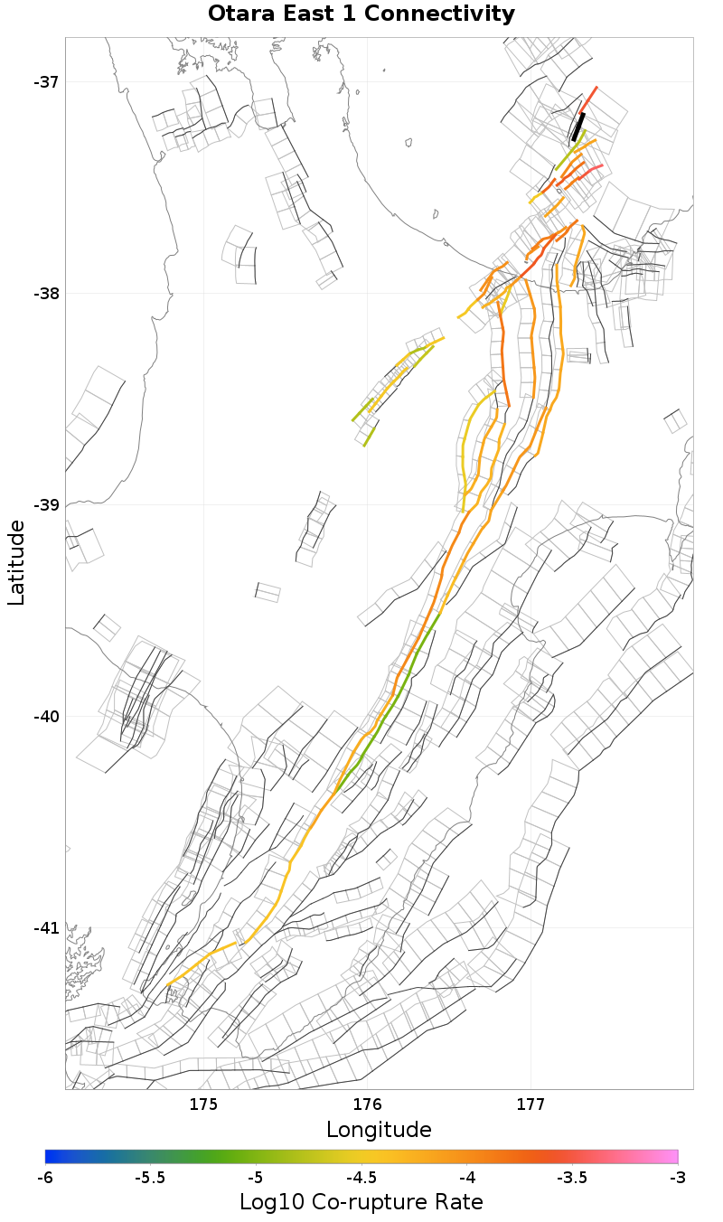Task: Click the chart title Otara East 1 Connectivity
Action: [x=361, y=14]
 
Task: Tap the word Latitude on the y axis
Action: [x=16, y=562]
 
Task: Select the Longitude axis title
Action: [x=379, y=1129]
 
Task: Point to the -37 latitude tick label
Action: [x=46, y=82]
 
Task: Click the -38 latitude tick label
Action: [x=46, y=294]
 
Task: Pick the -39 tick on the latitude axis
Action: [x=46, y=505]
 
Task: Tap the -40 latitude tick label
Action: [x=46, y=717]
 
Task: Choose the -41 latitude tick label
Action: [x=46, y=928]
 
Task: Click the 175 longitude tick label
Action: [x=203, y=1104]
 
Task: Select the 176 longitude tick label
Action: [x=367, y=1104]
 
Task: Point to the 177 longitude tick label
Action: [x=531, y=1104]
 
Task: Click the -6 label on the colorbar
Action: [x=45, y=1178]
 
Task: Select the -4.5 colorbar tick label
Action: [x=361, y=1178]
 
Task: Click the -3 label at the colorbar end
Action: [x=678, y=1178]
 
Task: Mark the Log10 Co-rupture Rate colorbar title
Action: [x=361, y=1202]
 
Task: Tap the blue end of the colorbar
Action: [x=51, y=1156]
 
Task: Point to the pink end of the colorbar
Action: [x=672, y=1156]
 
